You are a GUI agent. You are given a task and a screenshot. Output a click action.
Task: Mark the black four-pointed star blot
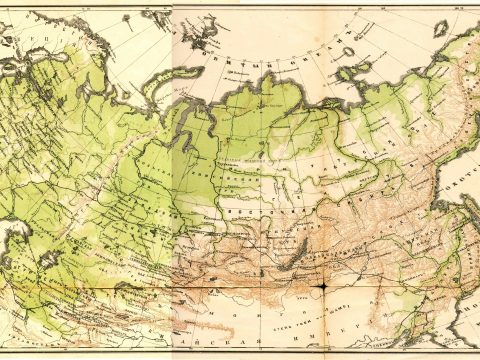click(322, 287)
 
